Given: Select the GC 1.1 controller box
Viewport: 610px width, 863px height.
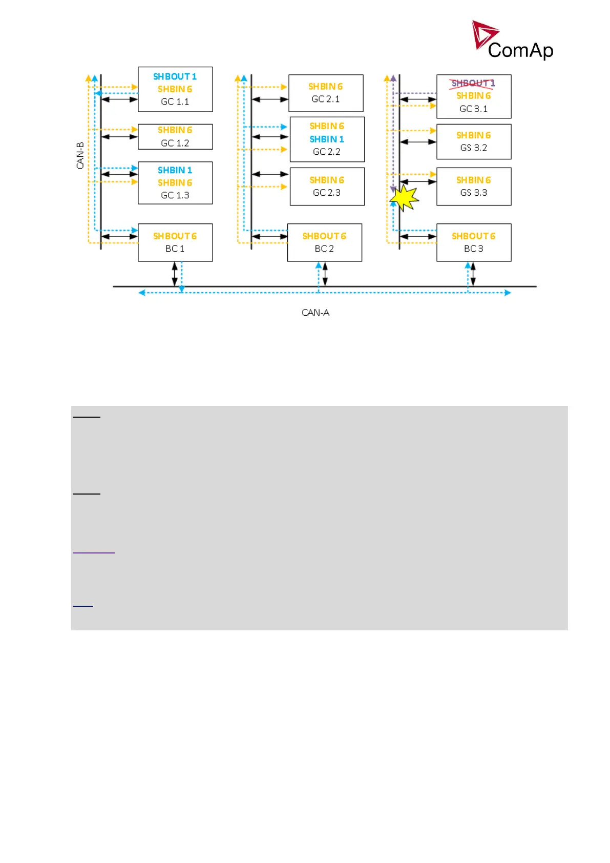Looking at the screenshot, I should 175,89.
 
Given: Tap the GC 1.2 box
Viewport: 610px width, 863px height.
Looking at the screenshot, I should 175,137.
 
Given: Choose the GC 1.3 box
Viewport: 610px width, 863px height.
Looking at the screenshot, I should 175,183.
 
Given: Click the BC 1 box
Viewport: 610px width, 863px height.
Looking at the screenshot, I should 175,242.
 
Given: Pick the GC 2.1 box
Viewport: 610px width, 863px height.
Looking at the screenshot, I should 326,93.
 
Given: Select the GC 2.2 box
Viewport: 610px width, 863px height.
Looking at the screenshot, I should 327,139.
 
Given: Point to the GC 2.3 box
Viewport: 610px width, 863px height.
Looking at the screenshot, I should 327,187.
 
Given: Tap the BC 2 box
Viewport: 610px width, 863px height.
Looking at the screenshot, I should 324,242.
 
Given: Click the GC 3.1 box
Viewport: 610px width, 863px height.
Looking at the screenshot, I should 474,96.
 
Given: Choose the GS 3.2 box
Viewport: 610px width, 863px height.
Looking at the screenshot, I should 474,141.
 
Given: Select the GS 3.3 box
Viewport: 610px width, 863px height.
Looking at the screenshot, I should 474,187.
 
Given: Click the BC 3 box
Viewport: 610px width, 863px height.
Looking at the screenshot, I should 474,242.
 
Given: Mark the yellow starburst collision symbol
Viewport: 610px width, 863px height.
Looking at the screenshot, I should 404,197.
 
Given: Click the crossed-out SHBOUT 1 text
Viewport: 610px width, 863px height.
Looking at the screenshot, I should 473,83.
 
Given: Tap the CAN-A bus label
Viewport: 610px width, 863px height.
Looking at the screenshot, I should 315,313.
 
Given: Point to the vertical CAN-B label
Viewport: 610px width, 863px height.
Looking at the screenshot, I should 80,155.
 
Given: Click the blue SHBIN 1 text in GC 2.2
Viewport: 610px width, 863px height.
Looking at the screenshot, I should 327,139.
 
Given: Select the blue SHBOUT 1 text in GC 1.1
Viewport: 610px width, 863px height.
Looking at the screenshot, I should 175,76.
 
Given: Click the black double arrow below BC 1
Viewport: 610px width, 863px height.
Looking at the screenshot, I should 175,274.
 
